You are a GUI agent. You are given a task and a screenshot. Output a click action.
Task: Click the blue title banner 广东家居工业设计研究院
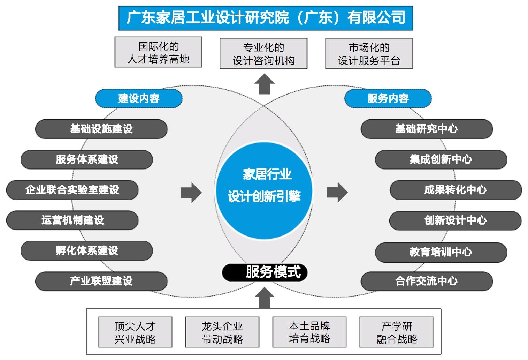(266, 18)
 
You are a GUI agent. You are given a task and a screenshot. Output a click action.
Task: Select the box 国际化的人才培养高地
(158, 52)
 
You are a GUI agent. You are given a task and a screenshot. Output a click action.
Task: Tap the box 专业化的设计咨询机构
(263, 53)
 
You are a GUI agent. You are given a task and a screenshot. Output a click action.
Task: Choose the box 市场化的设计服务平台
(369, 53)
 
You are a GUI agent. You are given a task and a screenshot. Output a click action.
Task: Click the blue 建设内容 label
(139, 98)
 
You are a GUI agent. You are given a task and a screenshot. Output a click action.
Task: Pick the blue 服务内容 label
(388, 98)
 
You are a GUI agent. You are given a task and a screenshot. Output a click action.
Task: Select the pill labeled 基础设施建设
(101, 129)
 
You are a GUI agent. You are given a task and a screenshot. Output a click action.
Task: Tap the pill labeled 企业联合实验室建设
(72, 190)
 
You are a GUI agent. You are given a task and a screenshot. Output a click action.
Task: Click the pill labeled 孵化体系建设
(87, 250)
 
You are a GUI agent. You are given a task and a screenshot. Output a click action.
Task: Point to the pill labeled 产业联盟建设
(101, 281)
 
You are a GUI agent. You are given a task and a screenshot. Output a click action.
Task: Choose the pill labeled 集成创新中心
(441, 159)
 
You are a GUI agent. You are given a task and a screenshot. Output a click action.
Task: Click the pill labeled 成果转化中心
(456, 190)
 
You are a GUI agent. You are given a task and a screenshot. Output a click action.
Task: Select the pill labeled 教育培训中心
(441, 252)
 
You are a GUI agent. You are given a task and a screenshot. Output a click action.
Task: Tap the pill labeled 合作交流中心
(427, 281)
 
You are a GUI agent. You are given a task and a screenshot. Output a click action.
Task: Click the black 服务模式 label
(265, 272)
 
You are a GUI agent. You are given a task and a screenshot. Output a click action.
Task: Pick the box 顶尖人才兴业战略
(135, 332)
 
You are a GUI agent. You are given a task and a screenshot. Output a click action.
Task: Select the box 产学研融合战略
(397, 332)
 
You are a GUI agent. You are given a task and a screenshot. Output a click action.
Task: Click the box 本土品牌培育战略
(309, 332)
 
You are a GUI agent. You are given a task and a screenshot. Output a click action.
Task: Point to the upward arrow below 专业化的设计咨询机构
(265, 84)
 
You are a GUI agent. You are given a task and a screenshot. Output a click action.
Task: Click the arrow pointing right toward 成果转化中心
(337, 192)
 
